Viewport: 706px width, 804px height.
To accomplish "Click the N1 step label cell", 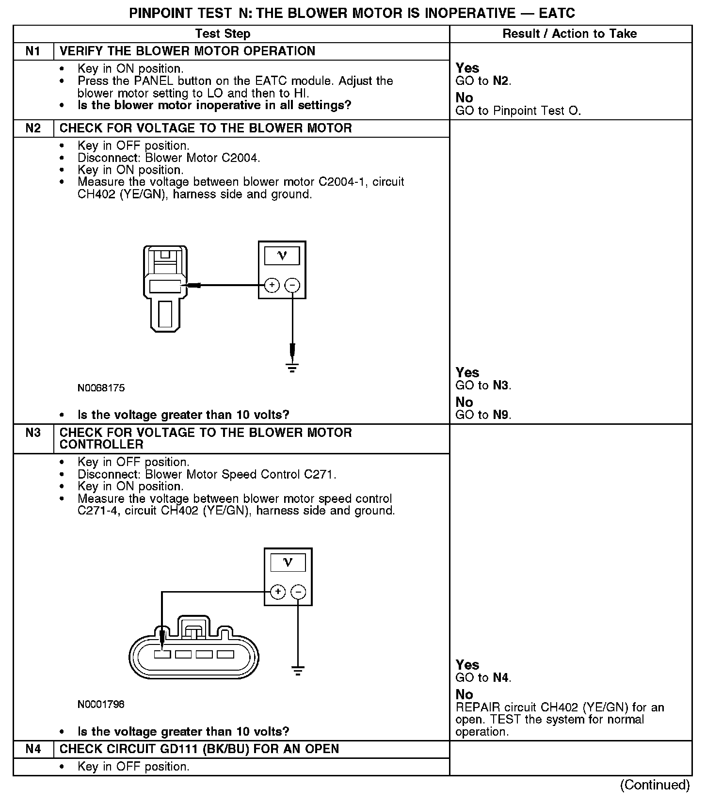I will (x=33, y=51).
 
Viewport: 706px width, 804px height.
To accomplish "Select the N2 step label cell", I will (x=33, y=128).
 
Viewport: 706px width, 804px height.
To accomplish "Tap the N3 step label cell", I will (x=33, y=433).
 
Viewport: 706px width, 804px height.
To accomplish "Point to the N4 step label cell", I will (x=33, y=749).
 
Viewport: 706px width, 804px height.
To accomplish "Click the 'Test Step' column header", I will (x=223, y=33).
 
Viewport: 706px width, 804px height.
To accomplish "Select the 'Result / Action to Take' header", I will (x=570, y=33).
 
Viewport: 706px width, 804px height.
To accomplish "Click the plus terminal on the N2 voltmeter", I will (x=272, y=285).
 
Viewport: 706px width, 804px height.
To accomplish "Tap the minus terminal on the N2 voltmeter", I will (x=292, y=285).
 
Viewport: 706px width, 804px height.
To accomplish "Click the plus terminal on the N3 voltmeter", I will (x=278, y=592).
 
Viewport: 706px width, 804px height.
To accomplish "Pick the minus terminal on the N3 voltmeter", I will (x=298, y=592).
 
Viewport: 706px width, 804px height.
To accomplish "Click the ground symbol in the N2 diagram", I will (x=292, y=367).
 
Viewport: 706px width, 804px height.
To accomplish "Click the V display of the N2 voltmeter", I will (x=282, y=256).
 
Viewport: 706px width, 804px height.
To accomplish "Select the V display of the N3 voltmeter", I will (x=288, y=563).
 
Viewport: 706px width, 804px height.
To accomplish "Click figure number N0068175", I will (x=101, y=388).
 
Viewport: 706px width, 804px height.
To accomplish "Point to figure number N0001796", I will (x=101, y=704).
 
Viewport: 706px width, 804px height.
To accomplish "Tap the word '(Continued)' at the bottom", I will (x=655, y=785).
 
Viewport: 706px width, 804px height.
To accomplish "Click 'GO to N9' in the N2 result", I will (x=483, y=415).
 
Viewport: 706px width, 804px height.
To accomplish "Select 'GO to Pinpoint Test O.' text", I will (x=518, y=111).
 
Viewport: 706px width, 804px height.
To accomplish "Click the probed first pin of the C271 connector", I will (x=162, y=655).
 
